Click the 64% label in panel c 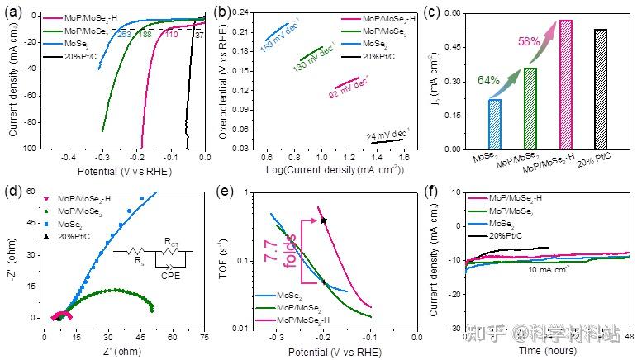click(488, 80)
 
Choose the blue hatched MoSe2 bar click(494, 124)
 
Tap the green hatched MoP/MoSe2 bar click(530, 108)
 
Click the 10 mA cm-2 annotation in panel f click(547, 269)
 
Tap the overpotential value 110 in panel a click(172, 34)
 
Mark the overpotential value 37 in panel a click(198, 34)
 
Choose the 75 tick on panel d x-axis click(203, 338)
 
